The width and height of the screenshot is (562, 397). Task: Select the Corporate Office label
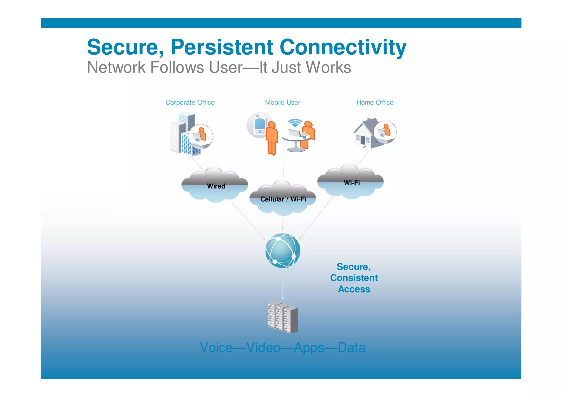pyautogui.click(x=190, y=103)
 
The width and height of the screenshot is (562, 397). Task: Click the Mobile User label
pyautogui.click(x=282, y=103)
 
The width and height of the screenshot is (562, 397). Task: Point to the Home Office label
pyautogui.click(x=375, y=103)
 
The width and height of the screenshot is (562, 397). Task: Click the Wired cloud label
pyautogui.click(x=216, y=186)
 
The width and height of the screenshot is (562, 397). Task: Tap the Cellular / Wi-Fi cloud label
pyautogui.click(x=283, y=199)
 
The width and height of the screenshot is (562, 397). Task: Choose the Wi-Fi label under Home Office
pyautogui.click(x=352, y=183)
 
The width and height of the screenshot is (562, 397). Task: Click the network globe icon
pyautogui.click(x=283, y=250)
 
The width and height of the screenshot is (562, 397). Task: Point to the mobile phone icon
pyautogui.click(x=260, y=125)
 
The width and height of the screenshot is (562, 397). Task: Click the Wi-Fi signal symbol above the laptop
pyautogui.click(x=295, y=123)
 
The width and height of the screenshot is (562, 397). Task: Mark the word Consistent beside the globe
pyautogui.click(x=354, y=278)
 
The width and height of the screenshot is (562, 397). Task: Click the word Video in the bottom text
pyautogui.click(x=263, y=348)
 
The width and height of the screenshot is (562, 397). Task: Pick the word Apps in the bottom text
pyautogui.click(x=309, y=348)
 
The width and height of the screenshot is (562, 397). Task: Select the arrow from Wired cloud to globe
pyautogui.click(x=247, y=219)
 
